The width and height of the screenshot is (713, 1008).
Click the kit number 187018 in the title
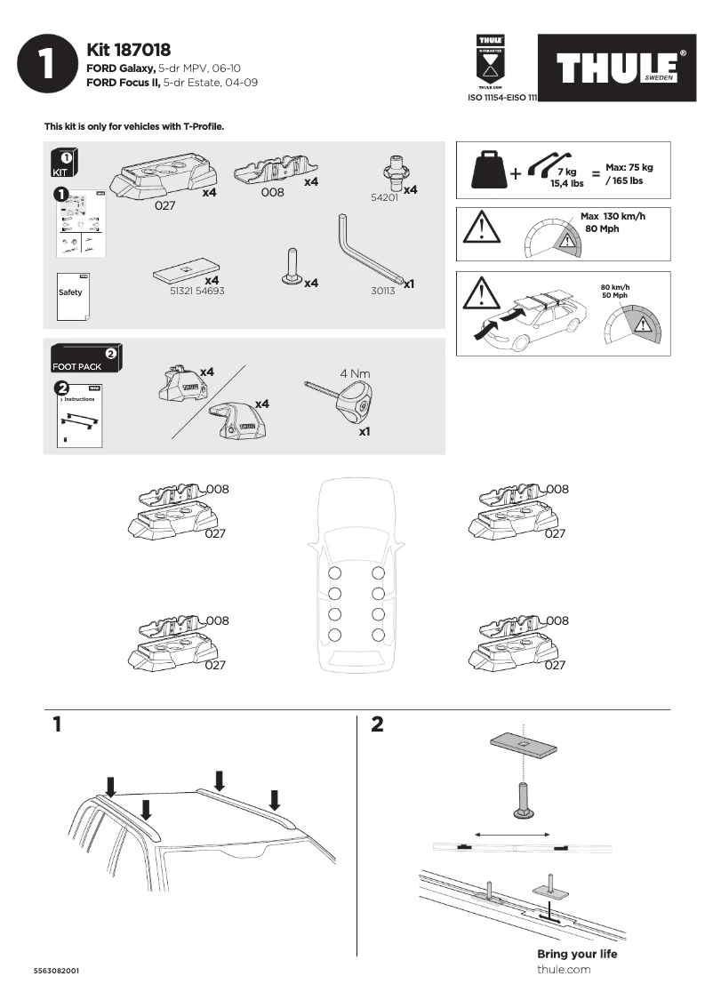coord(143,51)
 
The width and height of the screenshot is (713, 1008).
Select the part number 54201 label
coord(383,198)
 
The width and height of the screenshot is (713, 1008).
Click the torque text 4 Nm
coord(355,373)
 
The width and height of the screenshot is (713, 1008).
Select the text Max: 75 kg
coord(629,167)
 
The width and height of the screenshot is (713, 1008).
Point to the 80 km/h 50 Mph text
coord(614,291)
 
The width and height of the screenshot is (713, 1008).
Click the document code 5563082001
coord(57,971)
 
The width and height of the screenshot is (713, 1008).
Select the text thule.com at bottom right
coord(564,969)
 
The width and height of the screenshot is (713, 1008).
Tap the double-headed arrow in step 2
coord(513,834)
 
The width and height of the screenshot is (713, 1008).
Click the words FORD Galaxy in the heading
coord(121,68)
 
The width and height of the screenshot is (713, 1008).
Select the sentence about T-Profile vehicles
coord(134,126)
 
